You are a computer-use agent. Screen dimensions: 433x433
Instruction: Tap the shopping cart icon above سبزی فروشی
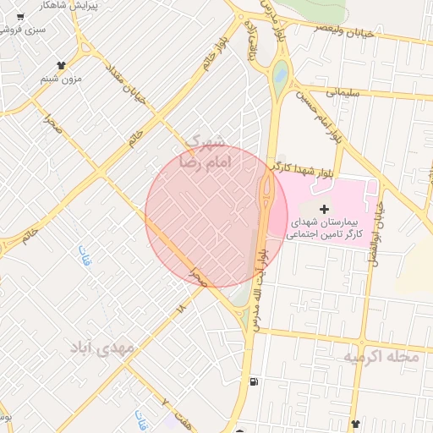pyautogui.click(x=19, y=17)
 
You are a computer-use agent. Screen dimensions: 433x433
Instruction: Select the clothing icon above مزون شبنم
pyautogui.click(x=61, y=65)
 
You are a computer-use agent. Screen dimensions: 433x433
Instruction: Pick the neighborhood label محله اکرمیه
pyautogui.click(x=380, y=358)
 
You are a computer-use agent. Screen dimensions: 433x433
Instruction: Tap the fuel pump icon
pyautogui.click(x=255, y=381)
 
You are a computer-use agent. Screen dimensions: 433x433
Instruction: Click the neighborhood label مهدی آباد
pyautogui.click(x=102, y=348)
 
